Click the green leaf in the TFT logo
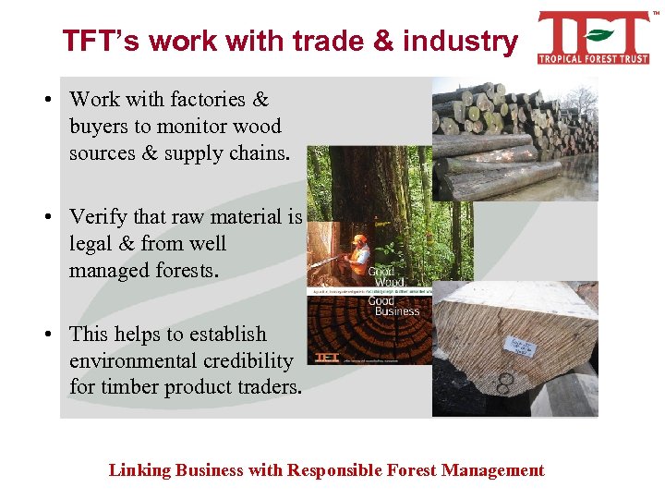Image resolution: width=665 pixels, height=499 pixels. coord(598,35)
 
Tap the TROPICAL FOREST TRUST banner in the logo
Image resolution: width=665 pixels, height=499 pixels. coord(594,57)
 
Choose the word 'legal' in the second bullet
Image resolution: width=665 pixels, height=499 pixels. coord(91,243)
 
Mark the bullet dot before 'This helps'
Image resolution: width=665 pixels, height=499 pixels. coord(56,335)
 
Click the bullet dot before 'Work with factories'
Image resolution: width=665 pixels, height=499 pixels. coord(56,99)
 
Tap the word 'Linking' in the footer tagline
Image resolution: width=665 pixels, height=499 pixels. coord(138,470)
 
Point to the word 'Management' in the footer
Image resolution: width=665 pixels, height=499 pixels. coord(493,470)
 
